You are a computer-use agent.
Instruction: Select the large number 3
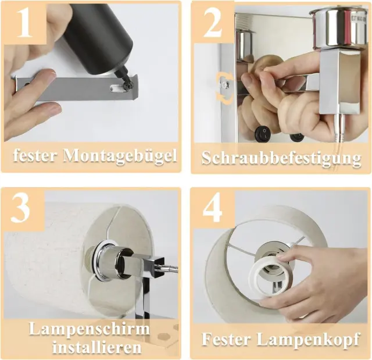(20, 208)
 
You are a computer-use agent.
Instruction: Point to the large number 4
(212, 208)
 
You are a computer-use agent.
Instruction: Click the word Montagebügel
(120, 156)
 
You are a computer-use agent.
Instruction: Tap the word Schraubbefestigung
(281, 158)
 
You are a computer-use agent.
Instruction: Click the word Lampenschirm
(89, 329)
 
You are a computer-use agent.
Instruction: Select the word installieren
(97, 347)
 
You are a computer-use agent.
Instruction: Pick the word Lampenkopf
(309, 340)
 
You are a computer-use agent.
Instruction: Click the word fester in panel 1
(35, 156)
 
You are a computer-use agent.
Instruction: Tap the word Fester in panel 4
(226, 339)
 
